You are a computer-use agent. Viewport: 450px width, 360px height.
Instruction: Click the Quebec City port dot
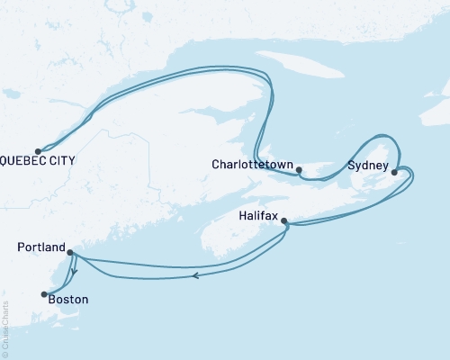point(38,151)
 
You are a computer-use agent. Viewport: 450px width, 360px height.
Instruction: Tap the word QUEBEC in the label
point(26,162)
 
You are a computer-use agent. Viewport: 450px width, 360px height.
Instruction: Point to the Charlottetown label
point(250,166)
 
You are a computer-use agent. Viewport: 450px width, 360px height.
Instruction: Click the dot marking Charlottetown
point(299,168)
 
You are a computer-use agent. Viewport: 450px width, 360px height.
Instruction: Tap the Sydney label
point(367,166)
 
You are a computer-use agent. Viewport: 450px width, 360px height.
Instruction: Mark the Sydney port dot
point(394,171)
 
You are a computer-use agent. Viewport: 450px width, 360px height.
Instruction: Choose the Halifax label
point(259,217)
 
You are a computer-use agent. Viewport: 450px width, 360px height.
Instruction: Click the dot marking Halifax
point(284,220)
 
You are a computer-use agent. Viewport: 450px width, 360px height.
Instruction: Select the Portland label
point(40,247)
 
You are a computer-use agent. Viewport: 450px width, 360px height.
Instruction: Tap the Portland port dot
point(70,253)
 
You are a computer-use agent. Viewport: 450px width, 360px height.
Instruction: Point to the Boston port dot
point(42,293)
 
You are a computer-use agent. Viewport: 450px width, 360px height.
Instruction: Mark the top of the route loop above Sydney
point(382,135)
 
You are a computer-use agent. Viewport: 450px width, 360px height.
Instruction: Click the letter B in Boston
point(52,298)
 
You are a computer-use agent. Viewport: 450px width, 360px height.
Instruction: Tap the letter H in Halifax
point(244,217)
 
